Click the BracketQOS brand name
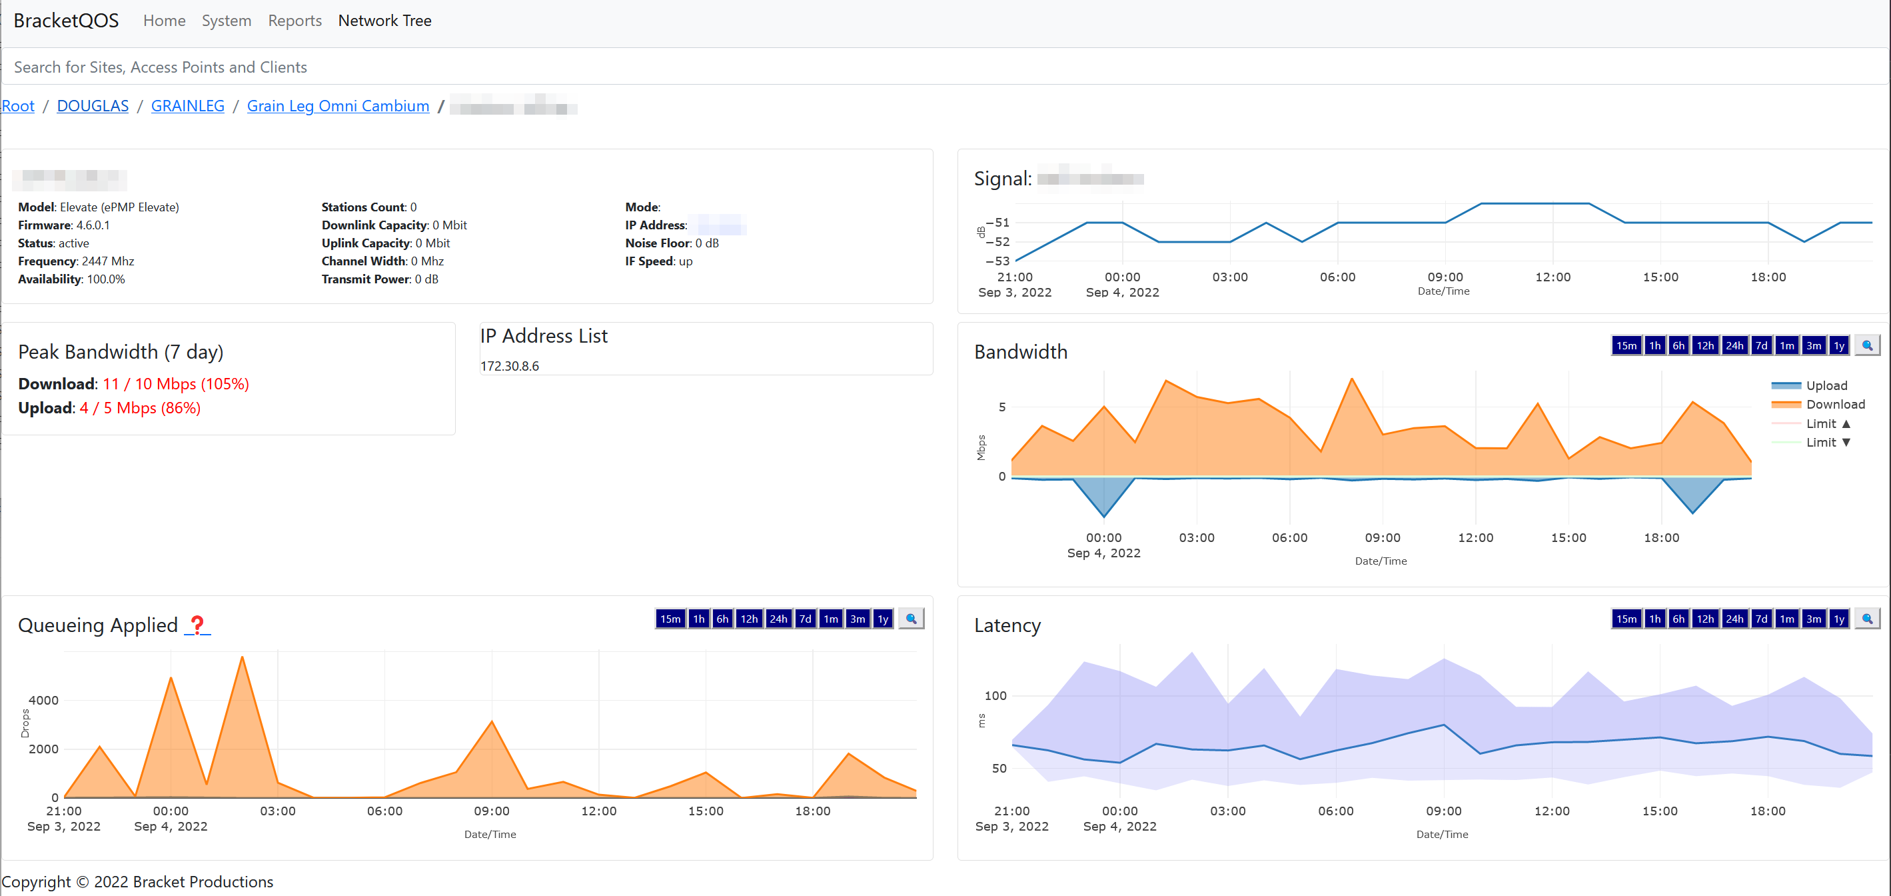click(66, 21)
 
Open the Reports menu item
click(295, 21)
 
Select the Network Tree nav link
click(384, 21)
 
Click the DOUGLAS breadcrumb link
click(93, 106)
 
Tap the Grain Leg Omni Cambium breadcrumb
click(338, 106)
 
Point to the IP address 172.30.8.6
click(510, 366)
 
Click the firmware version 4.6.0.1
click(93, 225)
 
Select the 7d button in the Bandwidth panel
click(1760, 346)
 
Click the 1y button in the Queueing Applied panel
click(882, 619)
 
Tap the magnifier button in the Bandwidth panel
click(1867, 346)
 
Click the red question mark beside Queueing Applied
click(197, 625)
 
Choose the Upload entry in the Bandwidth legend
click(1826, 385)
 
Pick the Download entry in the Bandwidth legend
click(1834, 405)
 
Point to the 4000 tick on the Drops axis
click(43, 700)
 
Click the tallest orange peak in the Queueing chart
click(243, 657)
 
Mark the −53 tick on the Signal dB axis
click(997, 261)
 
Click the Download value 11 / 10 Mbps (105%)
click(175, 384)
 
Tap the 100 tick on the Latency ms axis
click(995, 695)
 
